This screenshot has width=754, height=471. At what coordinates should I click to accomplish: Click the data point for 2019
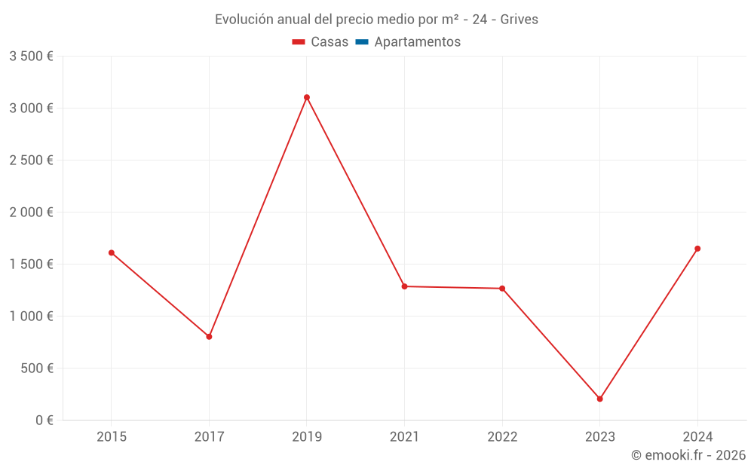click(307, 97)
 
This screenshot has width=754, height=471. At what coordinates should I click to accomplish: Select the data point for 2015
click(112, 252)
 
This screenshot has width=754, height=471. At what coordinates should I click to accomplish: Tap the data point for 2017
click(209, 336)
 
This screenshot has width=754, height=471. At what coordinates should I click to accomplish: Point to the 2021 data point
click(405, 286)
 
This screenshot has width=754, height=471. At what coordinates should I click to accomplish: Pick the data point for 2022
click(502, 288)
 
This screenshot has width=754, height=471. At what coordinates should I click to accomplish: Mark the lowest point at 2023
click(600, 399)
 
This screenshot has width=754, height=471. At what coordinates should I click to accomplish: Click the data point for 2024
click(697, 249)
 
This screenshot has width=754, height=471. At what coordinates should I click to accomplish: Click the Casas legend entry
click(320, 42)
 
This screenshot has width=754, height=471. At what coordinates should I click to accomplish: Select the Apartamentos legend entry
click(408, 42)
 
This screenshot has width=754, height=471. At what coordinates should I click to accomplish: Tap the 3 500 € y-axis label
click(31, 57)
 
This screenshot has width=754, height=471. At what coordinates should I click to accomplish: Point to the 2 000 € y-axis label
click(31, 213)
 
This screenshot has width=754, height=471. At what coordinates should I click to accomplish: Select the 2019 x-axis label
click(307, 437)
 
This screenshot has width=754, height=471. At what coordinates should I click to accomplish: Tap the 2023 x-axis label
click(600, 437)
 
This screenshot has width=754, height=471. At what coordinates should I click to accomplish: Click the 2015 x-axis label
click(112, 437)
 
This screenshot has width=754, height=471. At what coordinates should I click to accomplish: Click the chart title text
click(376, 20)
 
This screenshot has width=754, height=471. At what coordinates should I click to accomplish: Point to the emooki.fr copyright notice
click(688, 455)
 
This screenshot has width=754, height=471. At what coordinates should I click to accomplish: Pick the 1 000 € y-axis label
click(31, 317)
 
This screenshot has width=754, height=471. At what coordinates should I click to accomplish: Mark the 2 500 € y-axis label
click(31, 161)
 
